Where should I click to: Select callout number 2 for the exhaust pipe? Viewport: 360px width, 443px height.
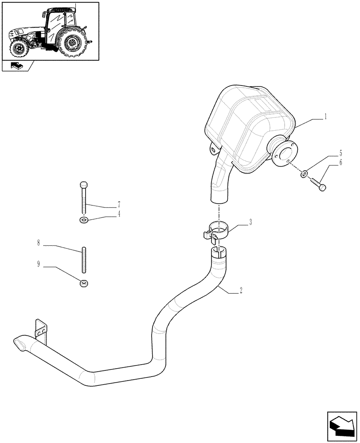[x=240, y=291]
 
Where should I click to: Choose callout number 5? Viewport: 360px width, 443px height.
[x=340, y=154]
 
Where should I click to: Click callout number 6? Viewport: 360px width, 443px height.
[x=340, y=163]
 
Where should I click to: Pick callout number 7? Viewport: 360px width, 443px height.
[x=119, y=205]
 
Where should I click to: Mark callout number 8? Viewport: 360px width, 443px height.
[x=39, y=243]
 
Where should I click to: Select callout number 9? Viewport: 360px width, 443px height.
[x=39, y=264]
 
